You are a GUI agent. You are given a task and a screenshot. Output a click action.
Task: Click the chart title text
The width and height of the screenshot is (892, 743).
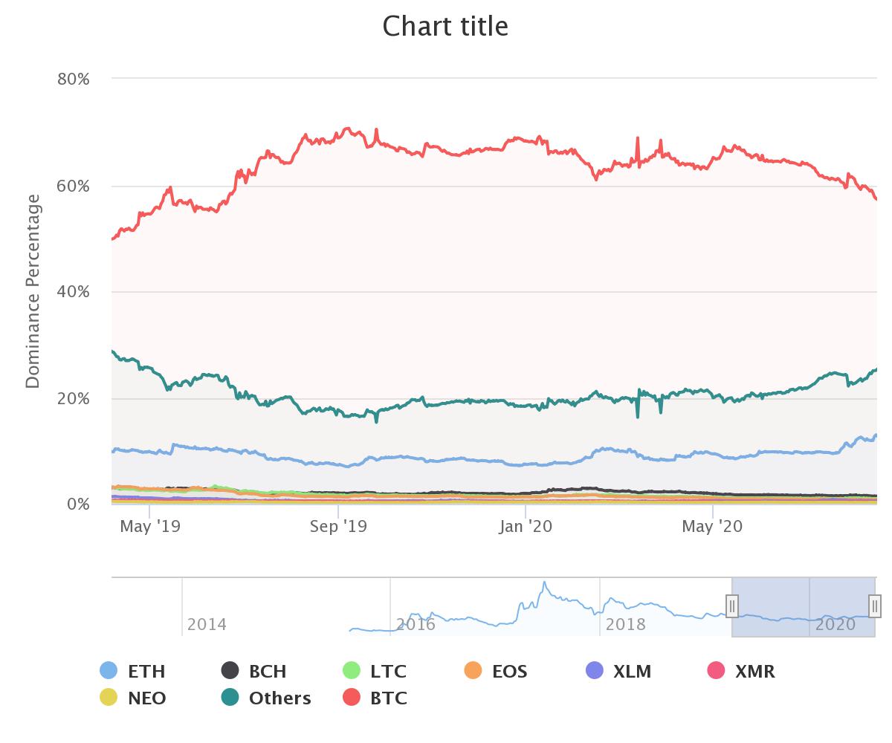click(x=445, y=26)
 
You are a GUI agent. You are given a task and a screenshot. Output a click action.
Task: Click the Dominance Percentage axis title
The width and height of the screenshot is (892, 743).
click(x=33, y=291)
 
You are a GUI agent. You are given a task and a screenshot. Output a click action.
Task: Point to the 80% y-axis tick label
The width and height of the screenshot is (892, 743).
click(x=74, y=79)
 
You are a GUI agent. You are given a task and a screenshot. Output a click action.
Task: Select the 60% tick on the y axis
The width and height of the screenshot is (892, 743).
click(x=74, y=186)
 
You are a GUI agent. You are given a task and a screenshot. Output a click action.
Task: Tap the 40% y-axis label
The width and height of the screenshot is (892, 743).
click(x=74, y=292)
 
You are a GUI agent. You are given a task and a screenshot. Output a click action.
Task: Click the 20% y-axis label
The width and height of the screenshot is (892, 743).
click(x=74, y=398)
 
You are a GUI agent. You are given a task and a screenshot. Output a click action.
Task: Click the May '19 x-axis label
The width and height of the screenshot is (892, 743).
click(x=149, y=527)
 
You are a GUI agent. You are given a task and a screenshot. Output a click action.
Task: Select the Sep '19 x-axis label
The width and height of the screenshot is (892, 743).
click(x=338, y=527)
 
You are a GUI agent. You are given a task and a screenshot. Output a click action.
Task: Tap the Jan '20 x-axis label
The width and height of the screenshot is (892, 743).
click(x=526, y=527)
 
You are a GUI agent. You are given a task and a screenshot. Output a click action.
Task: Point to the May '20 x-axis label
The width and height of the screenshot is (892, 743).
click(x=712, y=527)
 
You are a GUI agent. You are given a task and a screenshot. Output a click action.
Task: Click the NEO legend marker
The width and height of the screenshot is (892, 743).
click(x=109, y=698)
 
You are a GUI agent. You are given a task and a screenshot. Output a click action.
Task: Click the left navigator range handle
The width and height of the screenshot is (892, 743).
click(x=732, y=606)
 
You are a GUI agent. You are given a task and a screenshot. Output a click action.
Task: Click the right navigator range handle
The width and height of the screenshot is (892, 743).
click(x=875, y=606)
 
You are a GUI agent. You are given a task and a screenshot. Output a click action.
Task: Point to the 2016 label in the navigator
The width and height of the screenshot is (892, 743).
click(x=416, y=624)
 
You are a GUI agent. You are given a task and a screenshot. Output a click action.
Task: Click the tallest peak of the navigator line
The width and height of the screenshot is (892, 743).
click(x=544, y=583)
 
